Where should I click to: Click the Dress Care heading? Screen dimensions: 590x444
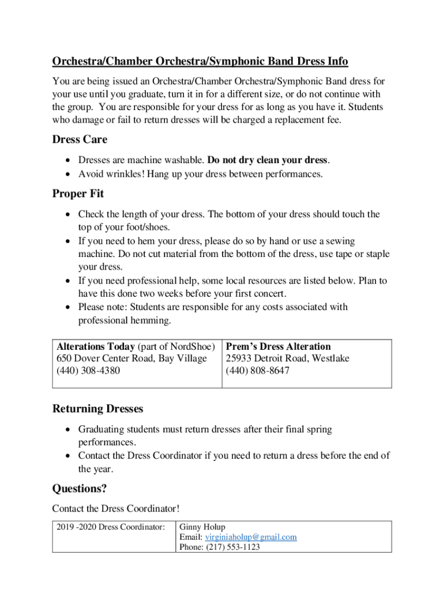pyautogui.click(x=80, y=139)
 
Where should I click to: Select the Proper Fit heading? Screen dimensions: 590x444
pyautogui.click(x=78, y=194)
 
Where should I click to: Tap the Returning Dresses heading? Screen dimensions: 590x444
pyautogui.click(x=97, y=409)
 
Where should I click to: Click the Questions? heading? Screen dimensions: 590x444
pyautogui.click(x=80, y=489)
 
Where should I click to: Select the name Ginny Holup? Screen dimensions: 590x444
pyautogui.click(x=203, y=527)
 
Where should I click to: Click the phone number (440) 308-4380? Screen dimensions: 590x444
pyautogui.click(x=88, y=370)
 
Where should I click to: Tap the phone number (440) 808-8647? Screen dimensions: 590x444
pyautogui.click(x=258, y=370)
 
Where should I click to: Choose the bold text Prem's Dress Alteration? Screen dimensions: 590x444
pyautogui.click(x=278, y=346)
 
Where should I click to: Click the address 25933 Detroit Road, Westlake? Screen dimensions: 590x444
pyautogui.click(x=287, y=358)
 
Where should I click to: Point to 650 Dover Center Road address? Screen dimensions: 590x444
pyautogui.click(x=131, y=358)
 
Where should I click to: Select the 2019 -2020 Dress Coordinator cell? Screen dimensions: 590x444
pyautogui.click(x=108, y=527)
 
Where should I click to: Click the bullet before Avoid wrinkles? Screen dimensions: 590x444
pyautogui.click(x=69, y=173)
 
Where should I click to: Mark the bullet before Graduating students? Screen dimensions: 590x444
pyautogui.click(x=69, y=430)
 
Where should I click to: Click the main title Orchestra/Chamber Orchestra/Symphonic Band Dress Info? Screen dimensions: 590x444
pyautogui.click(x=200, y=61)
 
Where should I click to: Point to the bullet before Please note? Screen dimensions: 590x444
pyautogui.click(x=69, y=307)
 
